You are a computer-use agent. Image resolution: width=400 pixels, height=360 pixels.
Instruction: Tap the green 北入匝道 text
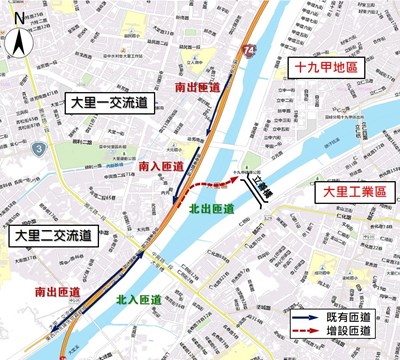139,298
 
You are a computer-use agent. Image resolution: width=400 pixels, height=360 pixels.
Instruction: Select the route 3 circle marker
37,149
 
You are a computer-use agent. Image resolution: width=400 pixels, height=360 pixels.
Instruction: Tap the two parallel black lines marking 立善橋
257,197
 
